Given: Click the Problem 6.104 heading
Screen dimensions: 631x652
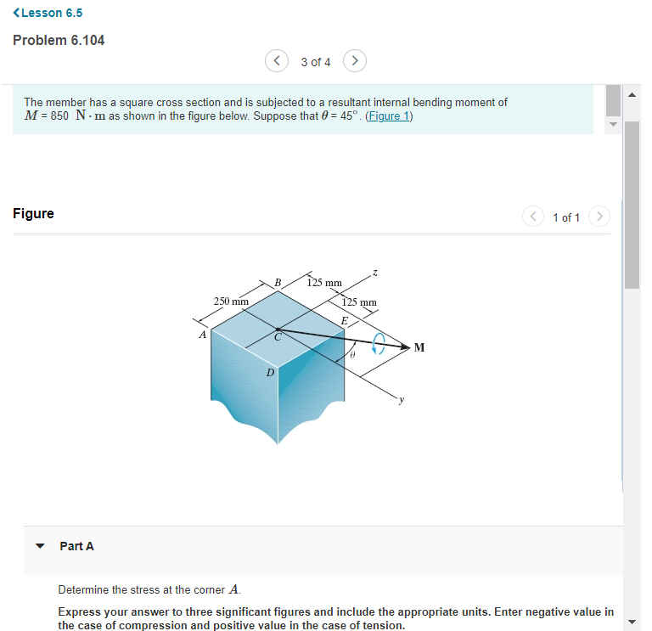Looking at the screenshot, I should (x=59, y=40).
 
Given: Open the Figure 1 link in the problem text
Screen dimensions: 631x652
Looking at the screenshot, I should (x=388, y=116).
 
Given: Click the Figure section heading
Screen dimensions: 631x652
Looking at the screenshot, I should (x=33, y=213).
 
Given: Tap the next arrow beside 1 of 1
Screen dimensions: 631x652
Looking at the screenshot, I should (x=599, y=217).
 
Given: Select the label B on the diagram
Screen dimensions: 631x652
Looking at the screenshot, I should (x=276, y=281).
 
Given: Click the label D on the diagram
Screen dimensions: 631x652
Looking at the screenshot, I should (x=270, y=372).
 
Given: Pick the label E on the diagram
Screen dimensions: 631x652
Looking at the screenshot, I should (x=344, y=320).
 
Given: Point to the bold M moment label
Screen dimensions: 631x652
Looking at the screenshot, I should (x=419, y=346).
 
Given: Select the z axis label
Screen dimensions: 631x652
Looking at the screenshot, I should (x=375, y=272).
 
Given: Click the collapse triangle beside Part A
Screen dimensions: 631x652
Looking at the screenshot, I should (x=38, y=546).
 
